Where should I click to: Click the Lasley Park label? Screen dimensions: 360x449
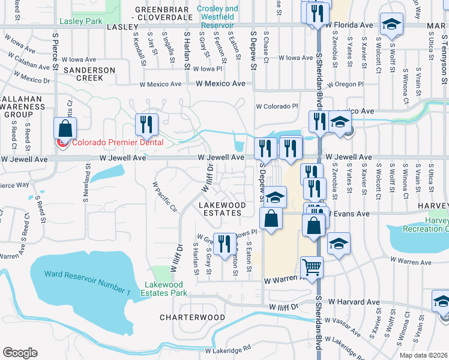tap(81, 22)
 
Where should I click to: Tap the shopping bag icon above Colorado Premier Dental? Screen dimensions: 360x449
tap(65, 128)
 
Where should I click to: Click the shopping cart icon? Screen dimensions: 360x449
tap(312, 267)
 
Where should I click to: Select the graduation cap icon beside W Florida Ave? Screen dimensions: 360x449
tap(391, 25)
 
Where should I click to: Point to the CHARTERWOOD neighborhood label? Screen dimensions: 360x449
tap(192, 317)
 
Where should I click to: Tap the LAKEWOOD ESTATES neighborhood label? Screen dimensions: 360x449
tap(222, 209)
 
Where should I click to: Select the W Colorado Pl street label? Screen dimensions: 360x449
tap(277, 106)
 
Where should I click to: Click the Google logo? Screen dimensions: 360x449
tap(20, 352)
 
